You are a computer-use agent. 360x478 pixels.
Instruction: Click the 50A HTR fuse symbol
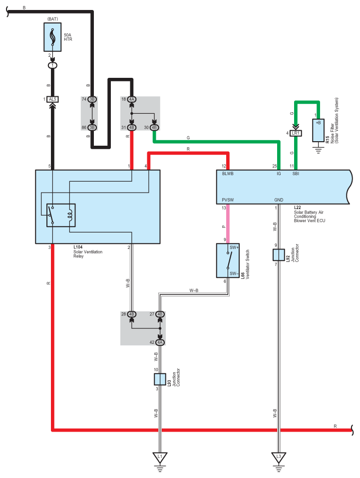click(52, 37)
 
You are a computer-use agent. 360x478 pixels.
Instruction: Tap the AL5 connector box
click(52, 99)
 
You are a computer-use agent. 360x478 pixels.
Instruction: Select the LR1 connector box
click(296, 133)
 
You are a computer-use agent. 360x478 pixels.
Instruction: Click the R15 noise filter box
click(318, 130)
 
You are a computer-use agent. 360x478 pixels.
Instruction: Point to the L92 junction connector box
click(279, 255)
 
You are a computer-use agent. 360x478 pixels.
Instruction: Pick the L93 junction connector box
click(160, 379)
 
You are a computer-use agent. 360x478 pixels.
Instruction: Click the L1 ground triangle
click(160, 457)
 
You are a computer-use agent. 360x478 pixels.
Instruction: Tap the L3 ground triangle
click(279, 457)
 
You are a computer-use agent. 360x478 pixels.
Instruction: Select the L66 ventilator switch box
click(228, 260)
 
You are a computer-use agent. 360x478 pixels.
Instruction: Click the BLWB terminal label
click(228, 174)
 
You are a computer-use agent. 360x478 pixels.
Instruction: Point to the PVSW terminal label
click(228, 200)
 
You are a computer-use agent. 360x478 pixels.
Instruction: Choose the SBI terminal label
click(296, 174)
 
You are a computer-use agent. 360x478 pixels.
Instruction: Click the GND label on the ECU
click(279, 200)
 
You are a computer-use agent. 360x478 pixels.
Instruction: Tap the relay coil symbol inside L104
click(70, 215)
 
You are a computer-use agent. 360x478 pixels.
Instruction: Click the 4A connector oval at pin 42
click(160, 342)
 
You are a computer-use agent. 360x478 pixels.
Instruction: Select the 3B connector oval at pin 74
click(92, 99)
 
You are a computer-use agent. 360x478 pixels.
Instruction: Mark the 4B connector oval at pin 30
click(154, 127)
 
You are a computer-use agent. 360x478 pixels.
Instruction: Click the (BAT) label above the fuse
click(52, 19)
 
